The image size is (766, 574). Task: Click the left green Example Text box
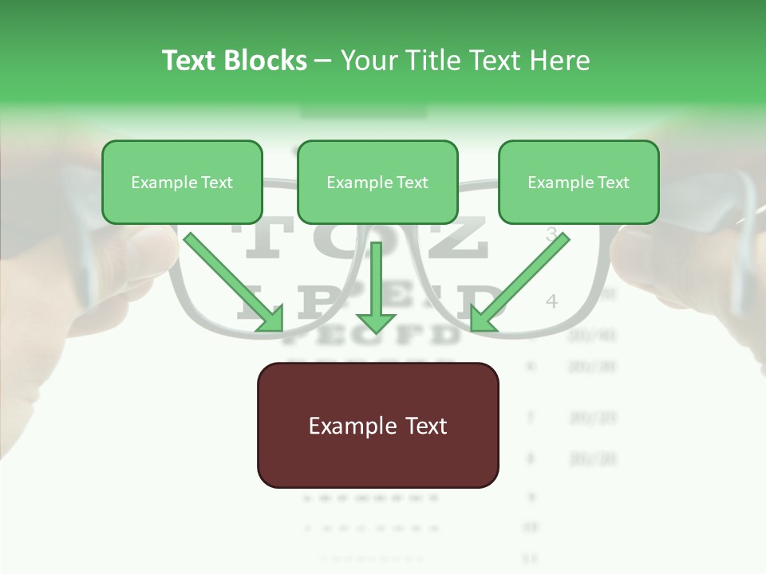pyautogui.click(x=182, y=183)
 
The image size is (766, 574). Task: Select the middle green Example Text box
pyautogui.click(x=377, y=183)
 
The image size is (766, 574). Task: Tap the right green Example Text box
pyautogui.click(x=578, y=183)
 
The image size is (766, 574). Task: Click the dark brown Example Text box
pyautogui.click(x=377, y=426)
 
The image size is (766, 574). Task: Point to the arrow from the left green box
pyautogui.click(x=231, y=279)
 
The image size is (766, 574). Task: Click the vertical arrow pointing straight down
pyautogui.click(x=376, y=287)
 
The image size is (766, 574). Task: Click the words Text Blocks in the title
pyautogui.click(x=234, y=61)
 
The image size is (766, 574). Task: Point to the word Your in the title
pyautogui.click(x=369, y=61)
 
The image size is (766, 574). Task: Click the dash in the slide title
pyautogui.click(x=323, y=61)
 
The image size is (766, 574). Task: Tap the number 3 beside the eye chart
pyautogui.click(x=551, y=234)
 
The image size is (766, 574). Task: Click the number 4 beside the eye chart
pyautogui.click(x=551, y=301)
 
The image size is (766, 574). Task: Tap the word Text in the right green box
pyautogui.click(x=612, y=183)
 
